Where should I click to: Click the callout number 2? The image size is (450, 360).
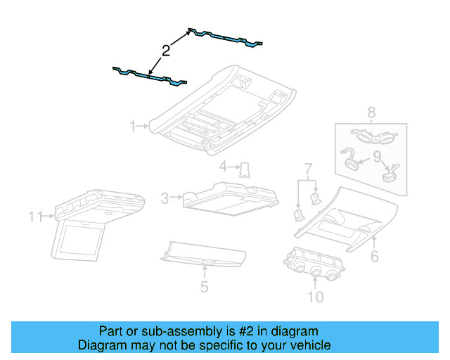(x=165, y=50)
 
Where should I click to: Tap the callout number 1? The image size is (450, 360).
(x=132, y=126)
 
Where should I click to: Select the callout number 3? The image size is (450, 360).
(x=165, y=199)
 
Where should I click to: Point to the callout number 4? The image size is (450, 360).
(x=223, y=167)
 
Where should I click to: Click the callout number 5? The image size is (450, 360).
(x=204, y=286)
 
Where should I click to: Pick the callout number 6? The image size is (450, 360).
(x=374, y=257)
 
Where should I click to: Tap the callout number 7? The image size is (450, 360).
(x=307, y=169)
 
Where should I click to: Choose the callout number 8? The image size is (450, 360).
(x=371, y=111)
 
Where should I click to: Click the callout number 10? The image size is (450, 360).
(x=315, y=297)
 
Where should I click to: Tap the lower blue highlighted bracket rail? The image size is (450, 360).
(x=150, y=75)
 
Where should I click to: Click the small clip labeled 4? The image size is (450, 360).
(x=245, y=169)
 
